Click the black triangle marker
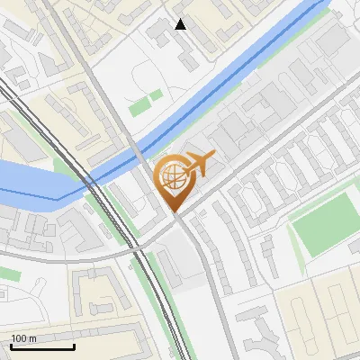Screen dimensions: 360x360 tap(181, 24)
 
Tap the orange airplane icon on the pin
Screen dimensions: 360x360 tap(199, 165)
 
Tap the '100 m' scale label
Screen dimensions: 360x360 tap(23, 338)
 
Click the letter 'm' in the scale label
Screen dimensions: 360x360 tap(31, 338)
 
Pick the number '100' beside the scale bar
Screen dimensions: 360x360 tap(19, 338)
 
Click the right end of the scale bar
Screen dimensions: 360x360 tap(74, 346)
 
